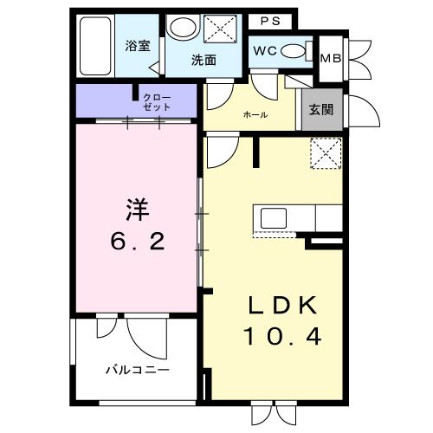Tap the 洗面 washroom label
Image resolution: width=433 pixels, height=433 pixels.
coord(204,60)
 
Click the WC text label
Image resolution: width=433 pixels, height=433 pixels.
coord(264,50)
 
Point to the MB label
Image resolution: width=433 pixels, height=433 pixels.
coord(330,58)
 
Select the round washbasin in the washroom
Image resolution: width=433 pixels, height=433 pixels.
coord(182,28)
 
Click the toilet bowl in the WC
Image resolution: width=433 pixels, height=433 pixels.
coord(294,50)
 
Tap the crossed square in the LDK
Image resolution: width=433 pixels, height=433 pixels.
coord(326,155)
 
